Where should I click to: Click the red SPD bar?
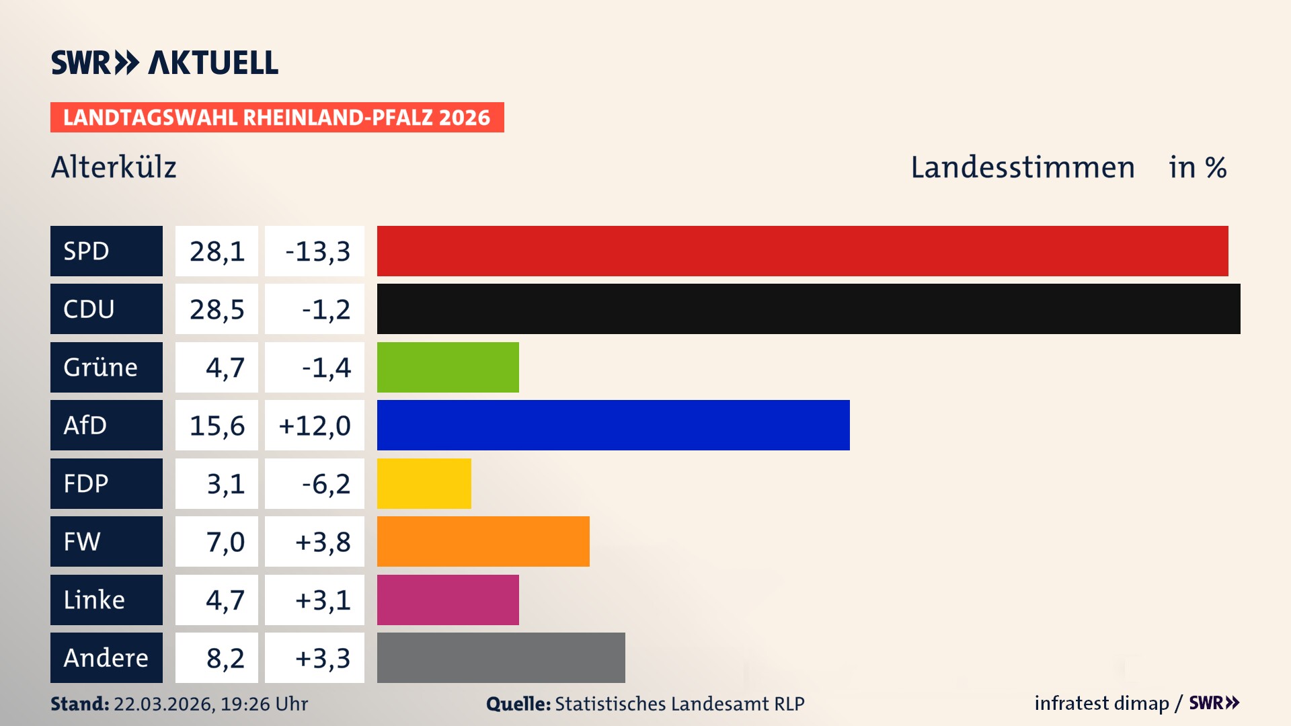[802, 251]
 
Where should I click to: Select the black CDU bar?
[808, 309]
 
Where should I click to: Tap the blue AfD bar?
[613, 425]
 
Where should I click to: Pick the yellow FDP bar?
[424, 483]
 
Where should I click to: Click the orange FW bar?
[483, 541]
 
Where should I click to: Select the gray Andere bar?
[501, 657]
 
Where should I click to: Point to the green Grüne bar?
[448, 367]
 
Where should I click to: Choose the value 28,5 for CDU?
[217, 309]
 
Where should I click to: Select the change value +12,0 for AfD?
[315, 426]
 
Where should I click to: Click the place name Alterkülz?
[114, 167]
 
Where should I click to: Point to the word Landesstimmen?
[1022, 167]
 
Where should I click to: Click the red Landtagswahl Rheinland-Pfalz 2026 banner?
[277, 118]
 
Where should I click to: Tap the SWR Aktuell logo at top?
[164, 63]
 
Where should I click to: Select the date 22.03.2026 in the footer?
[163, 704]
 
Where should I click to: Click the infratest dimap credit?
[1101, 703]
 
